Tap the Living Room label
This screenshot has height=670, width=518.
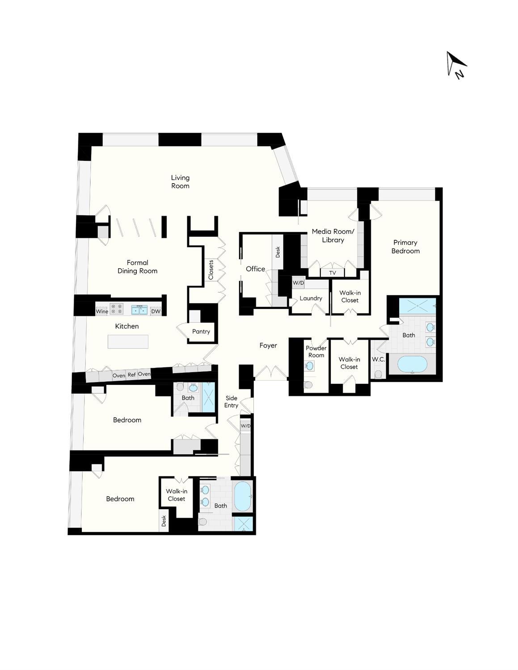click(x=180, y=182)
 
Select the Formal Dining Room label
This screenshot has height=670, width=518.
click(x=137, y=267)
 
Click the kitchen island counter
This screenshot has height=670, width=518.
click(x=128, y=342)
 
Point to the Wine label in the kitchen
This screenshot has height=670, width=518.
click(x=102, y=312)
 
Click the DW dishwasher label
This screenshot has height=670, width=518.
click(x=156, y=312)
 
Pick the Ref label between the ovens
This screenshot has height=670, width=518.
click(x=131, y=375)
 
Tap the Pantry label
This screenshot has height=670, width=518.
click(x=201, y=332)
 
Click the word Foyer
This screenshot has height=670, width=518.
click(x=268, y=346)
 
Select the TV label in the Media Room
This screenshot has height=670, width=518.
click(x=333, y=273)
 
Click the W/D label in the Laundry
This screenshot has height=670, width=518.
click(x=298, y=283)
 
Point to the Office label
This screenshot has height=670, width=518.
click(x=255, y=269)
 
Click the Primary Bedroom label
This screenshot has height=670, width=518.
click(x=405, y=247)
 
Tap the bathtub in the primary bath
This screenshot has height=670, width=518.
click(x=412, y=364)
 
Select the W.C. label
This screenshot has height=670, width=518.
click(x=378, y=359)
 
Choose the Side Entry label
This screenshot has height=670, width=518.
click(x=231, y=402)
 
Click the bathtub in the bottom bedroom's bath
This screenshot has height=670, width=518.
click(x=243, y=496)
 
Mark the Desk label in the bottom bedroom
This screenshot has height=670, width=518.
click(x=164, y=521)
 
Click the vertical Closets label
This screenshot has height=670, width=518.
click(x=211, y=270)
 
